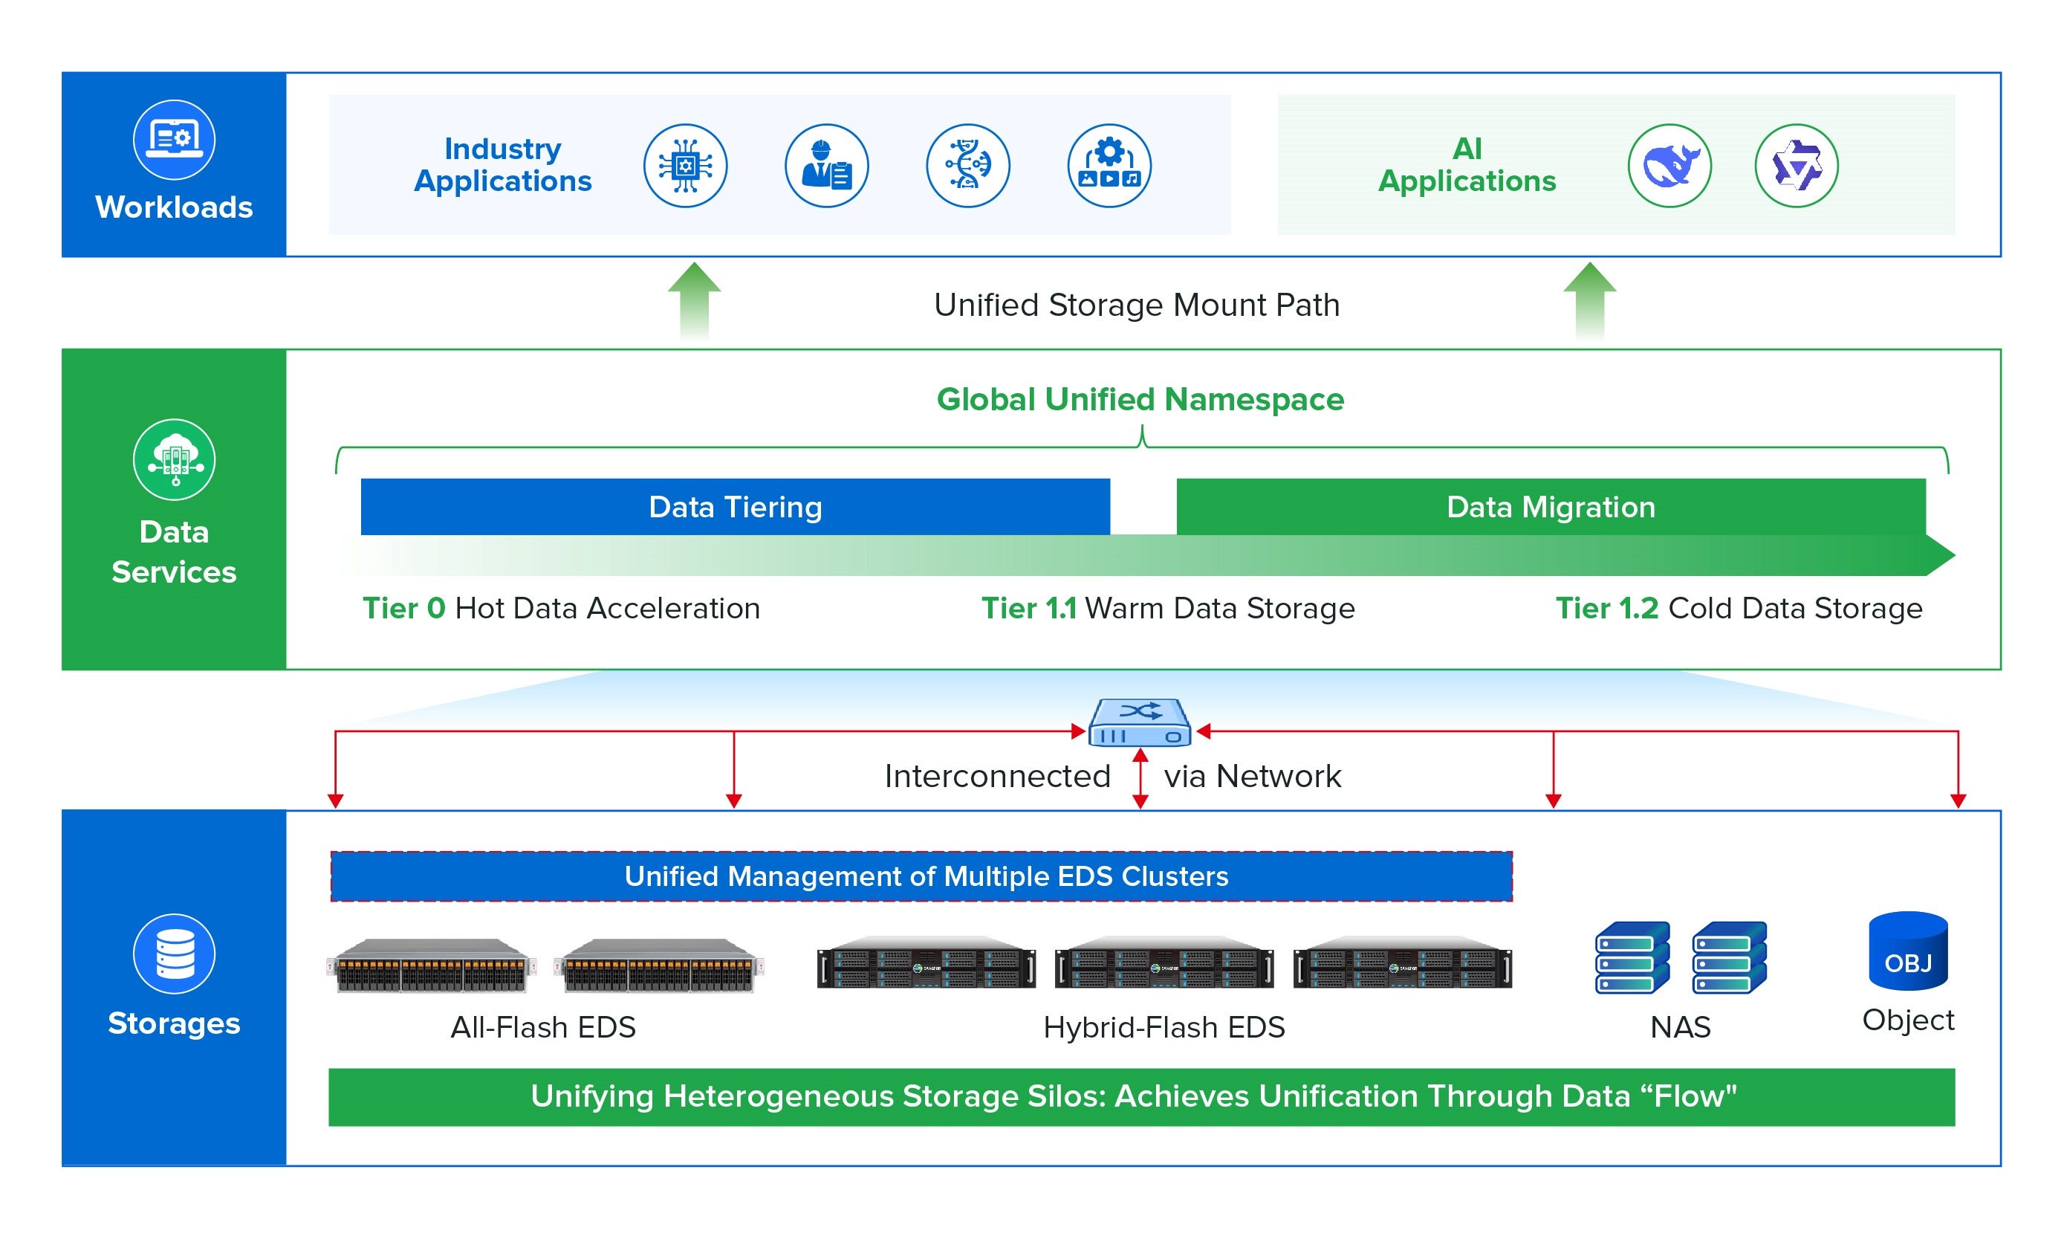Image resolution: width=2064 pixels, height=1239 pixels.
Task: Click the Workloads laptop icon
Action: click(174, 140)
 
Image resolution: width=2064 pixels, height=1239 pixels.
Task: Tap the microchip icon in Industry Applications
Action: click(684, 165)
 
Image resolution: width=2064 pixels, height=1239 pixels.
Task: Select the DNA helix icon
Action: click(967, 165)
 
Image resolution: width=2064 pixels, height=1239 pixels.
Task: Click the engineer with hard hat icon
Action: click(826, 165)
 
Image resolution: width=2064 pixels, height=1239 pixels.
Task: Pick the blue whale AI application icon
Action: click(1669, 165)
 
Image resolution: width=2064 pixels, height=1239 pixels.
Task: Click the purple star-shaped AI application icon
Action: click(1795, 165)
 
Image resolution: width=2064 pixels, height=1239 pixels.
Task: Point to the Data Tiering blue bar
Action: click(735, 507)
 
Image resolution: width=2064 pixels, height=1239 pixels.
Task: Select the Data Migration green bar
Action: click(1550, 507)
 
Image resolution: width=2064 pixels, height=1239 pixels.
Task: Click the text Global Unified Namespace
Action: click(1139, 399)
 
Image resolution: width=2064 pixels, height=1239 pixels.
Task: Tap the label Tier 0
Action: click(404, 608)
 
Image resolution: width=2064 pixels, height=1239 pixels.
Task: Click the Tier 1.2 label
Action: click(1606, 608)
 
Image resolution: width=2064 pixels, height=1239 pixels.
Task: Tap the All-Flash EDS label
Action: click(542, 1027)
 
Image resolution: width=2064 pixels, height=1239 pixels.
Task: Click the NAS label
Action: click(1679, 1027)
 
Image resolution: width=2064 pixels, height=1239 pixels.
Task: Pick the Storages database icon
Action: click(174, 954)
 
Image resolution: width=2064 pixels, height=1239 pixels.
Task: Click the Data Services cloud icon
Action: click(174, 460)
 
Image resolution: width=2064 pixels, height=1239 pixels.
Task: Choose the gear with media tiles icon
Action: click(1109, 165)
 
